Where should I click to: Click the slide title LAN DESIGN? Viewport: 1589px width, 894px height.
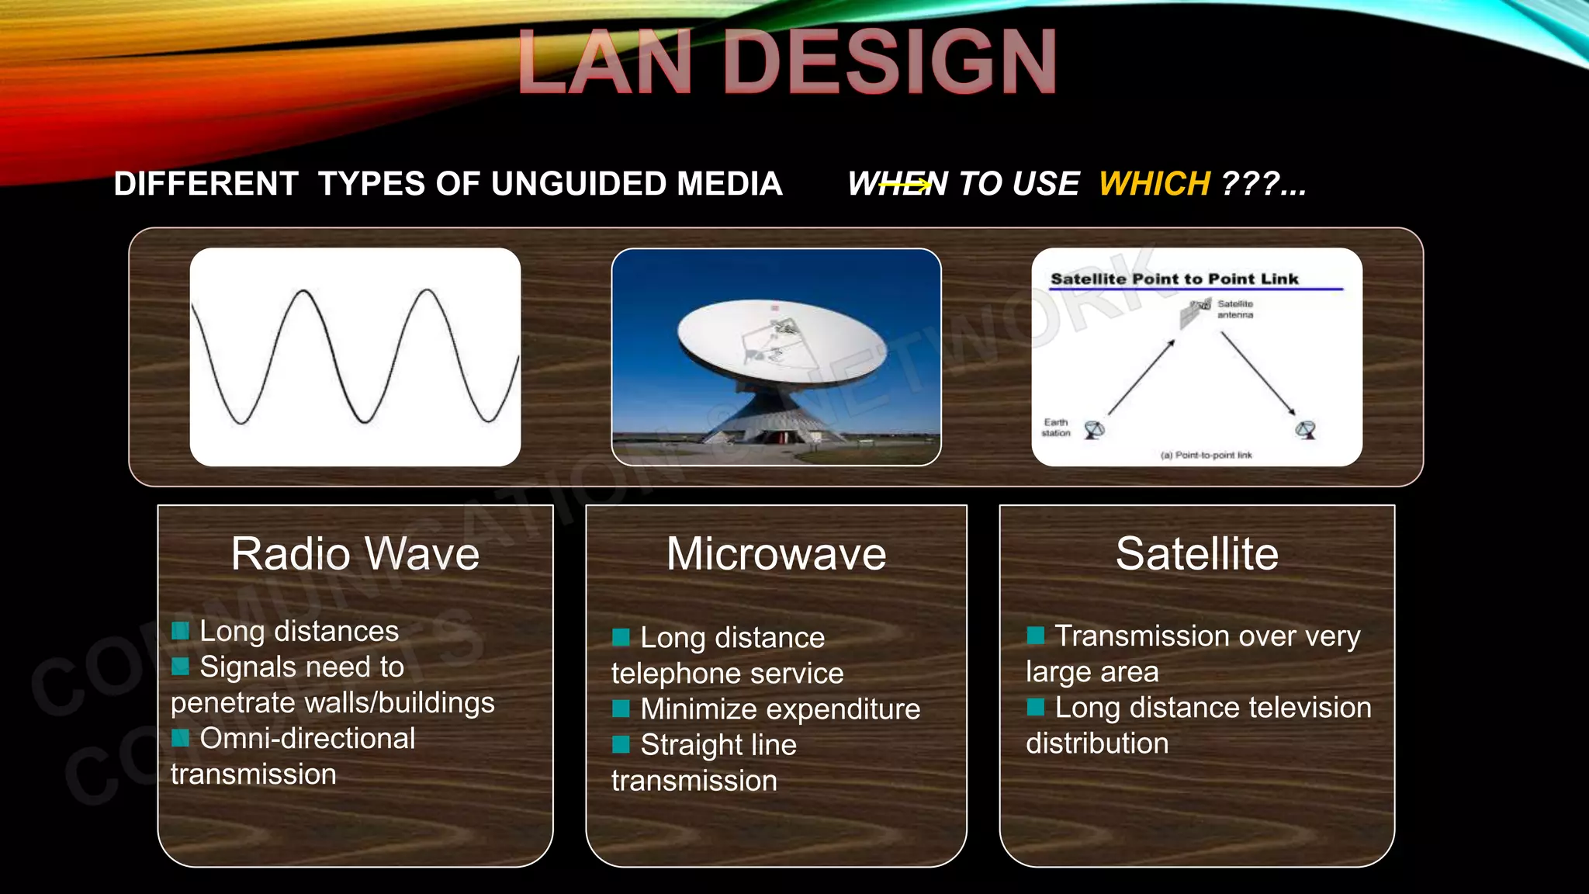click(x=787, y=62)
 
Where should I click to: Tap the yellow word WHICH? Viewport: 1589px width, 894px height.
click(x=1154, y=184)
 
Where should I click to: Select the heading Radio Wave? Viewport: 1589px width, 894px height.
click(x=355, y=554)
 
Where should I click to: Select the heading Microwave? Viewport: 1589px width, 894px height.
click(x=776, y=554)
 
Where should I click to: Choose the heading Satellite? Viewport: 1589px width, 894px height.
click(x=1196, y=554)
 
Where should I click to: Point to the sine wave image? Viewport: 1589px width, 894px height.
click(x=355, y=357)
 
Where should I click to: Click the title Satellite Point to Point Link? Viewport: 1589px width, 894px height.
click(x=1174, y=279)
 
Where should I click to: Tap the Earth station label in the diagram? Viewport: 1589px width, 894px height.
click(x=1055, y=428)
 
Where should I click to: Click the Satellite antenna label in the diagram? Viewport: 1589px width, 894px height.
click(x=1234, y=309)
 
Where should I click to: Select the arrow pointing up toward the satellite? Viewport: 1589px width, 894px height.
click(x=1141, y=378)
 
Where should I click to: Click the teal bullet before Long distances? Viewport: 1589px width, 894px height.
click(x=180, y=630)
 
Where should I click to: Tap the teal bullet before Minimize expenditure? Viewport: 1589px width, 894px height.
click(x=621, y=708)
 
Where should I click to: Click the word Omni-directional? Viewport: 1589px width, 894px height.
click(x=307, y=738)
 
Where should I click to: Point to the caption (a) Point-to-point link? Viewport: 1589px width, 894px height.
click(x=1206, y=456)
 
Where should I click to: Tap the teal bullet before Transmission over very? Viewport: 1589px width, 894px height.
click(x=1035, y=636)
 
